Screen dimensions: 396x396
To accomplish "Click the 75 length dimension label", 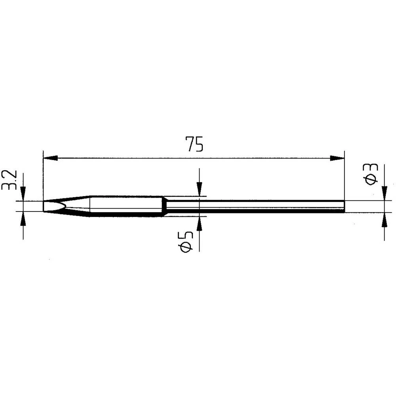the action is coord(194,144).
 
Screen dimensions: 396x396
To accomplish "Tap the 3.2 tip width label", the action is coord(10,180).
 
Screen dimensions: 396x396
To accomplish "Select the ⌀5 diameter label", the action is coord(187,242).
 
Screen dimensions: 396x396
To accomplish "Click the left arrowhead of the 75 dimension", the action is coord(51,158).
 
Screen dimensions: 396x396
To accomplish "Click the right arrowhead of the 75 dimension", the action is coord(337,158).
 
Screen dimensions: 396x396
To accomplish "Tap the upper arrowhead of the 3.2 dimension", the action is coord(23,194).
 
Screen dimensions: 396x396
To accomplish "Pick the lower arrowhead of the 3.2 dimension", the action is coord(23,219).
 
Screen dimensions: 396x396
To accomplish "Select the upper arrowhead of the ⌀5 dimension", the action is coord(199,188).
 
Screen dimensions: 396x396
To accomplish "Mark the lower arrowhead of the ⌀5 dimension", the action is coord(199,224).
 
